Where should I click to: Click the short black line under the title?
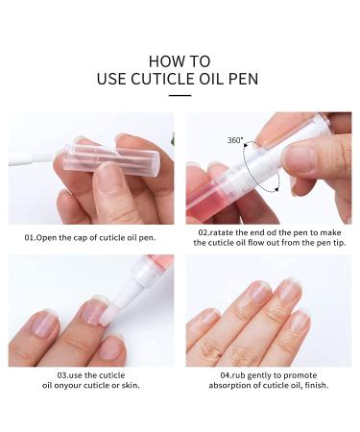(x=180, y=95)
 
